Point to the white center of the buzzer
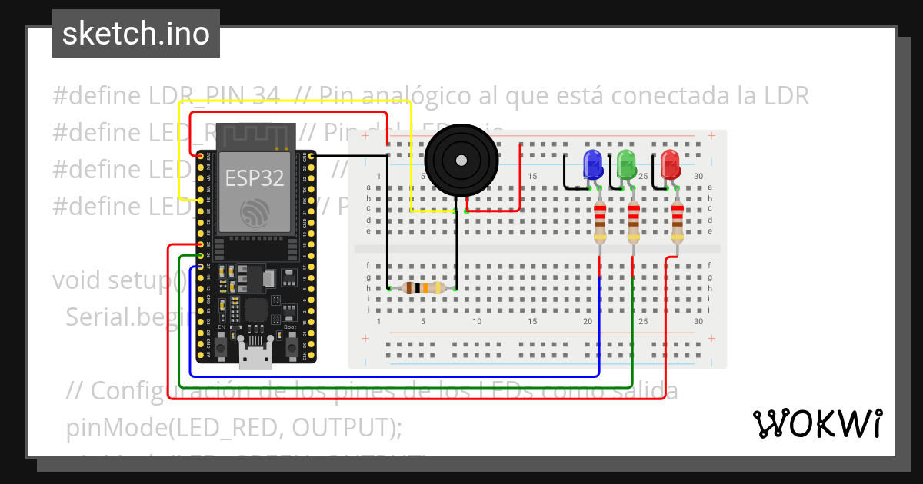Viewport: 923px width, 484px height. click(x=460, y=161)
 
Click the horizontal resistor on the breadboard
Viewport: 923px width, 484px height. click(x=423, y=288)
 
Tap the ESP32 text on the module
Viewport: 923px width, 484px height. click(x=254, y=178)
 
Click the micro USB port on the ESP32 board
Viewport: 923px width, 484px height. click(x=255, y=356)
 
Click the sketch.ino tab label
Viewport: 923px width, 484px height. click(x=135, y=34)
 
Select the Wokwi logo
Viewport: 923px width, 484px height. click(x=817, y=423)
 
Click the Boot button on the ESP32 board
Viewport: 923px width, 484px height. click(x=292, y=347)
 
